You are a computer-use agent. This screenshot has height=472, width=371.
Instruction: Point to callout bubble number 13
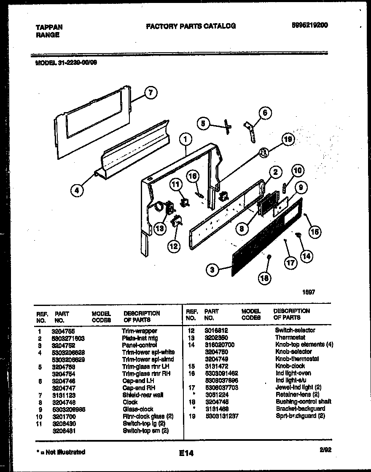(x=159, y=229)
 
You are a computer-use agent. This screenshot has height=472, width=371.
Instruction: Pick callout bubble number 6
(x=265, y=113)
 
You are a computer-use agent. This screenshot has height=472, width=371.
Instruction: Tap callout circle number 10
(x=297, y=171)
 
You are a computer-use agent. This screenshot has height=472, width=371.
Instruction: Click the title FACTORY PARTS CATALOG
(x=191, y=26)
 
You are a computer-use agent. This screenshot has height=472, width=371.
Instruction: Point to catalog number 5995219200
(x=309, y=25)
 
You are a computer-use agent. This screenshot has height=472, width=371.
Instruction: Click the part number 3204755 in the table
(x=63, y=331)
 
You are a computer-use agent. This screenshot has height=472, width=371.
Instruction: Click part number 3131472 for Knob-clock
(x=218, y=366)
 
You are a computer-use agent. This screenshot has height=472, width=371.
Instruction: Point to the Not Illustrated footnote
(x=61, y=452)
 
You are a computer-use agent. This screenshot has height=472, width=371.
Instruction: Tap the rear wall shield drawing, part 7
(x=91, y=122)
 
